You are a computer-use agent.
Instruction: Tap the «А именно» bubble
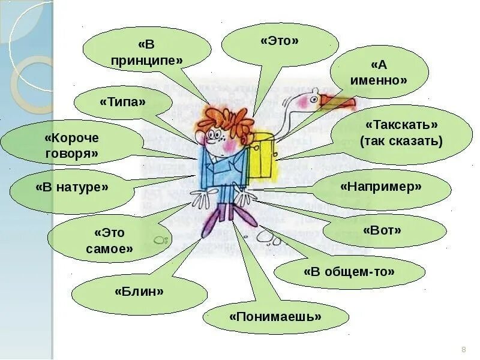point(381,72)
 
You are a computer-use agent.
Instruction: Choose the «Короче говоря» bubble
point(71,146)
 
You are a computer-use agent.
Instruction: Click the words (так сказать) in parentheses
point(401,142)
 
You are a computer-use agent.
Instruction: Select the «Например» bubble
point(381,187)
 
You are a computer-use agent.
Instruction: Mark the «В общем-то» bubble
point(349,271)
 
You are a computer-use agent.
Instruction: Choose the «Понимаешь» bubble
point(275,316)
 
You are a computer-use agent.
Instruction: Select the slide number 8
point(463,350)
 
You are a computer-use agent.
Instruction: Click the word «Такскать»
point(401,125)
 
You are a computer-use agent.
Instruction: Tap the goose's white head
point(313,95)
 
